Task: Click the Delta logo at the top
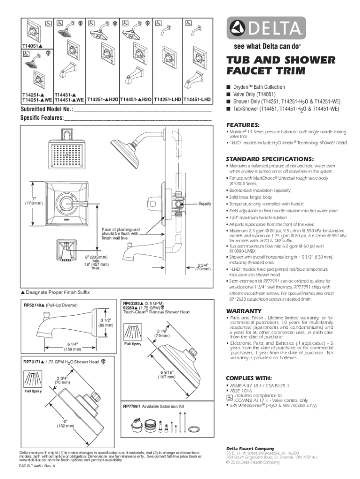tap(266, 29)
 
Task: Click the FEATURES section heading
tap(243, 125)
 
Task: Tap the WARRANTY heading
tap(244, 311)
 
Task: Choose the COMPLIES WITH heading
tap(249, 378)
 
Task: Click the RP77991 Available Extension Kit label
tap(153, 406)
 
